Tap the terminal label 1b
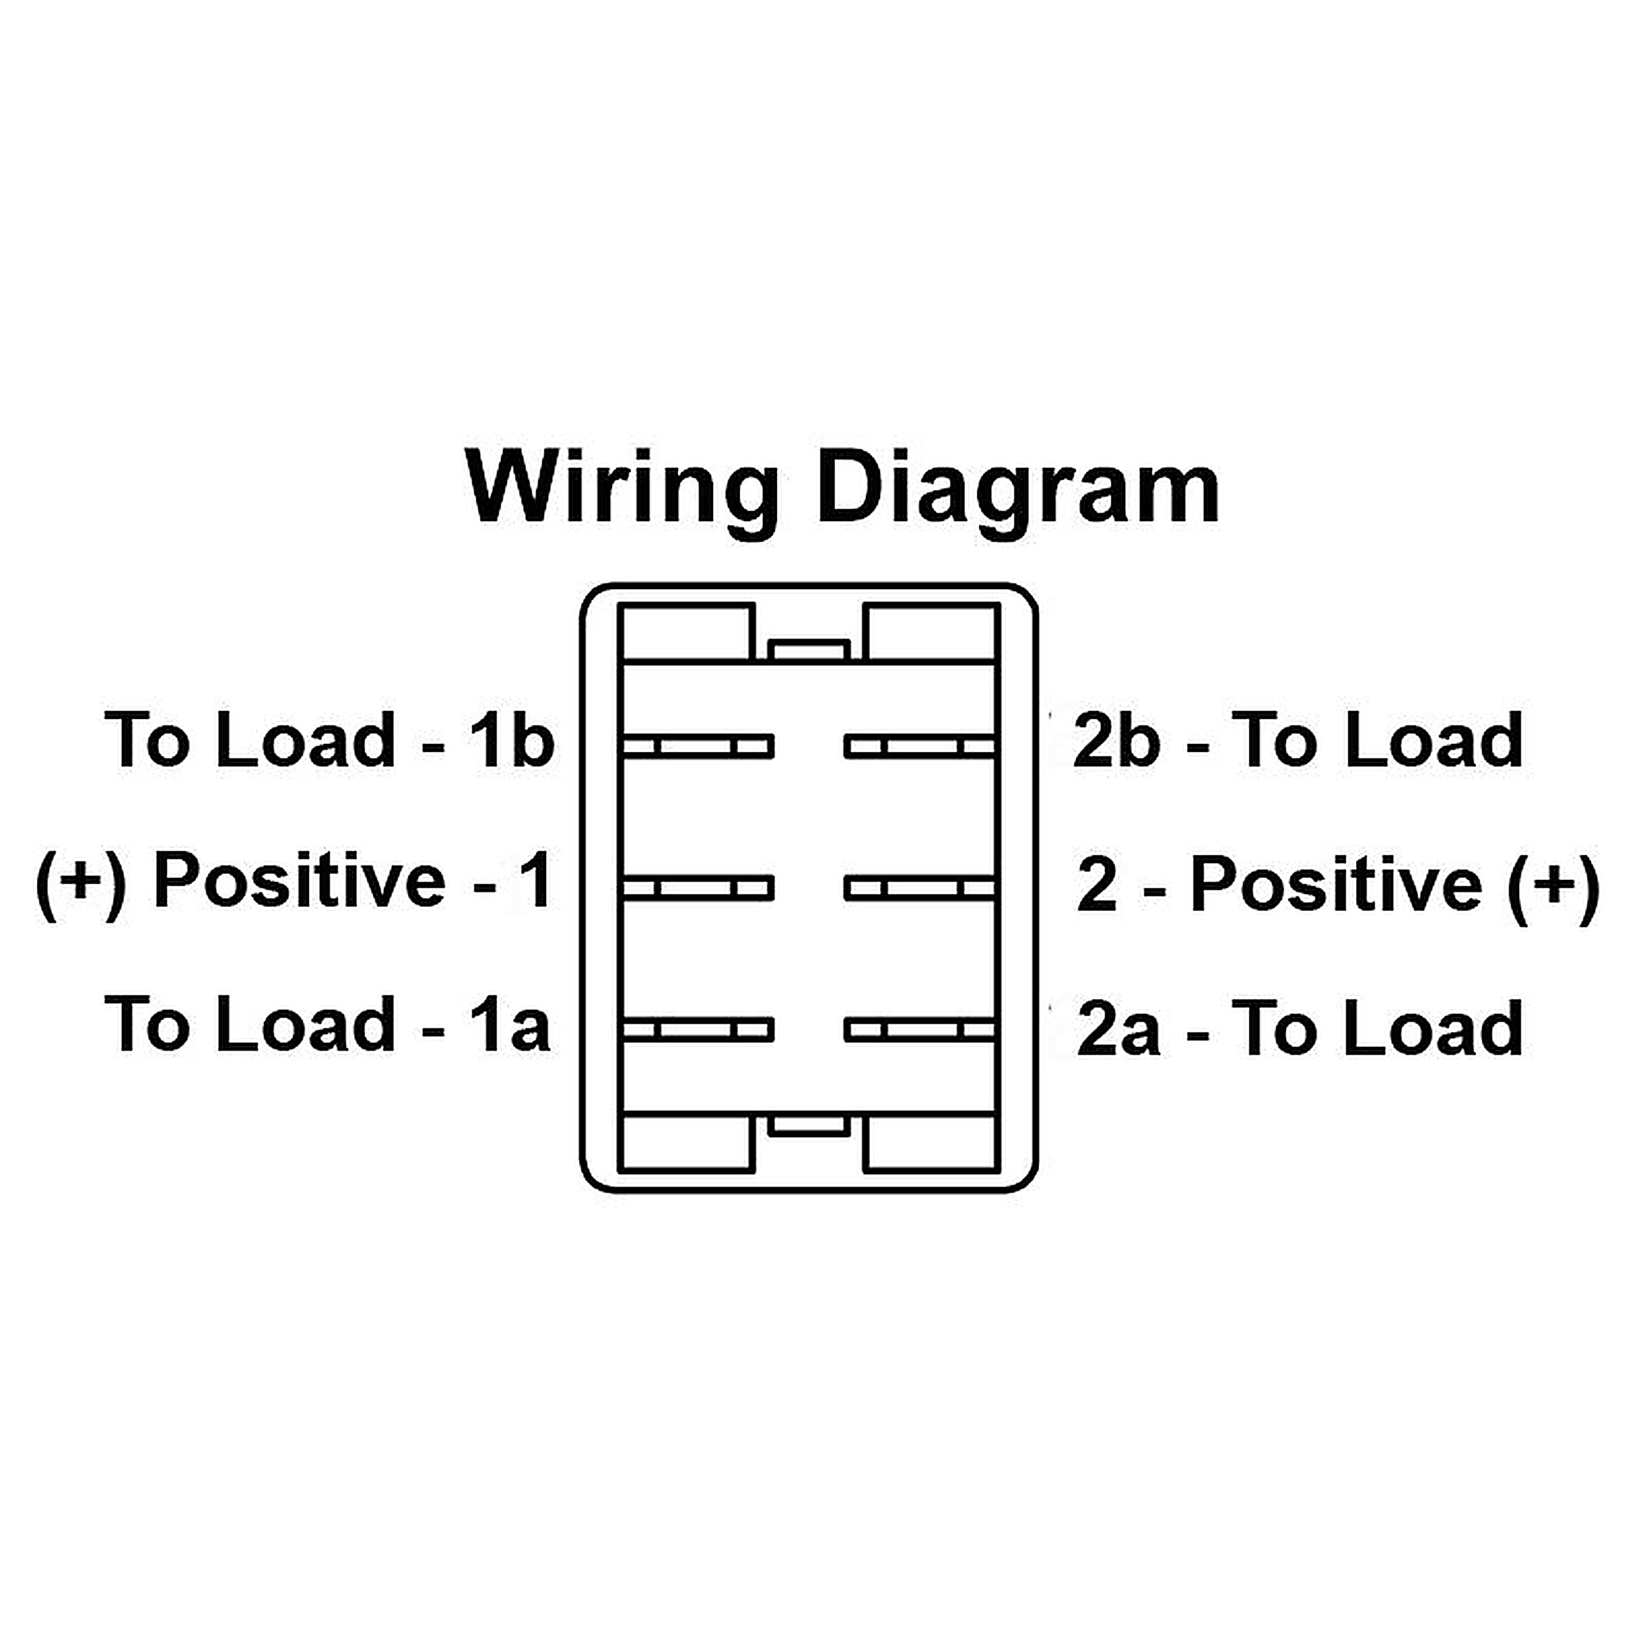coord(511,739)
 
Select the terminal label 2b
coord(1117,739)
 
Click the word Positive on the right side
coord(1336,885)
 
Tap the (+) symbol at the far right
coord(1553,888)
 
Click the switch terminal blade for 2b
coord(920,747)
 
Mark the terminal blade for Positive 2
coord(920,888)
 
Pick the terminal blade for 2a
coord(920,1030)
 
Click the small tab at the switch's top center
coord(809,650)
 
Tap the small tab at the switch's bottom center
coord(809,1125)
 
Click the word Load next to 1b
coord(305,739)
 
